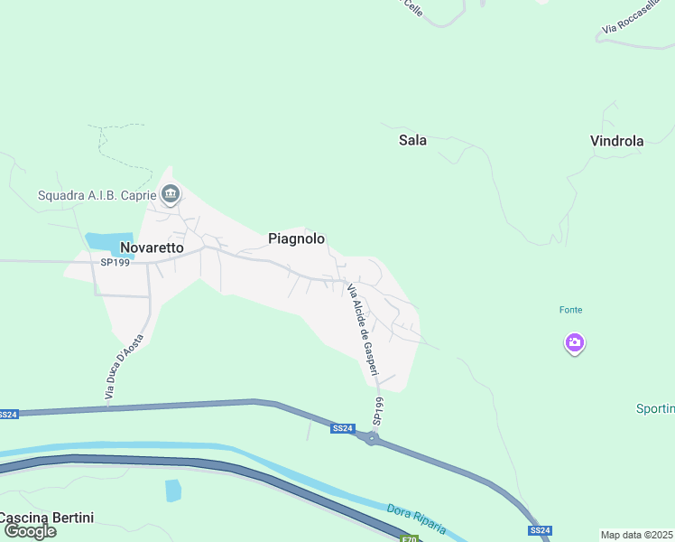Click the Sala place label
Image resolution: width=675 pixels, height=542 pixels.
(x=412, y=140)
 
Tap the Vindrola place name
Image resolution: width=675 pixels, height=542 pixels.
(x=616, y=141)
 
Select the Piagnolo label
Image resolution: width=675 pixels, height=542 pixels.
(x=296, y=238)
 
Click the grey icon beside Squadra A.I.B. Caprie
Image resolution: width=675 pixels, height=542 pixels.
(x=171, y=194)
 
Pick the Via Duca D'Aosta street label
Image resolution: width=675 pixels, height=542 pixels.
(x=124, y=372)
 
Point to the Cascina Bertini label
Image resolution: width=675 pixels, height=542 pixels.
(x=47, y=518)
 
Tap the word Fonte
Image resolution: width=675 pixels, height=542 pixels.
(x=570, y=310)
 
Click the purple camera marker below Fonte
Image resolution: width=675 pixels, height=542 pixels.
(x=574, y=342)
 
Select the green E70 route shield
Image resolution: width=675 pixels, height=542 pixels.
(x=411, y=539)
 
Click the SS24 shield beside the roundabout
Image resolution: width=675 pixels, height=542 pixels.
(x=342, y=428)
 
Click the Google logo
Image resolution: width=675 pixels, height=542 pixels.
(x=30, y=531)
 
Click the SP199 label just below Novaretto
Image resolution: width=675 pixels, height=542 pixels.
(x=116, y=262)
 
